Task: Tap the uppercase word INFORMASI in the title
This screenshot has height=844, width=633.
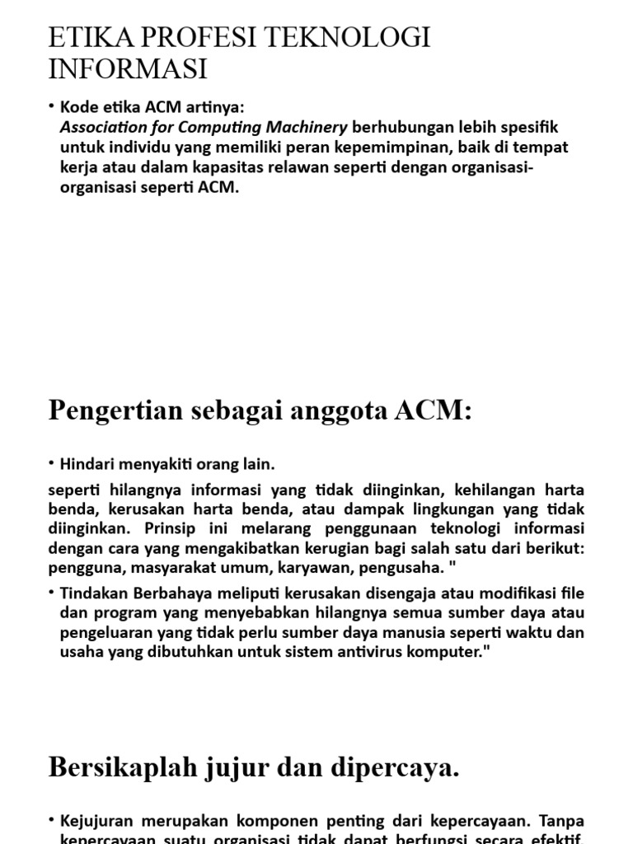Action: [x=128, y=69]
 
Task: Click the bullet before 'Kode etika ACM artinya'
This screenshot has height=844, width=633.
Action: [x=52, y=107]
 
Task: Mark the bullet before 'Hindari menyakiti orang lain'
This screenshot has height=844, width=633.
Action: [x=52, y=464]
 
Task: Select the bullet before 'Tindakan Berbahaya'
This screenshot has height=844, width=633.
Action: [x=52, y=593]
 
